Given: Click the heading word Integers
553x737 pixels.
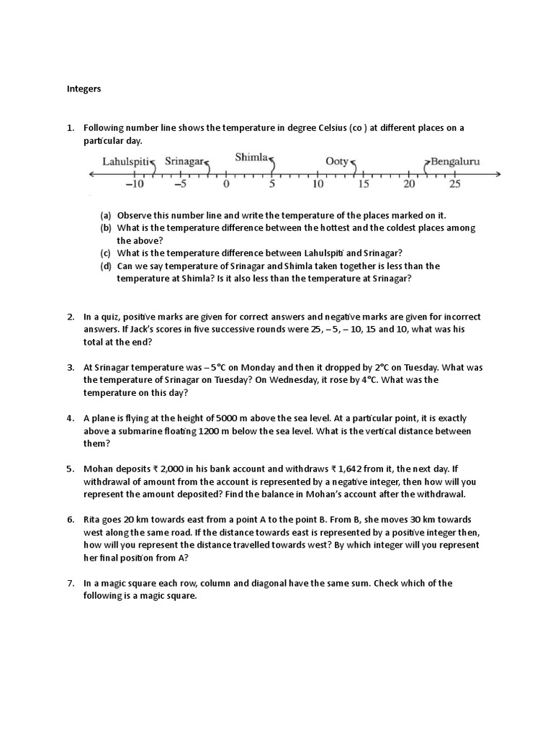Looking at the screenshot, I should [x=84, y=89].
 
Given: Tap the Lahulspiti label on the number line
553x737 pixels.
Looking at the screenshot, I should [x=125, y=162].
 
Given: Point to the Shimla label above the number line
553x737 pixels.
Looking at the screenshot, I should [x=251, y=156].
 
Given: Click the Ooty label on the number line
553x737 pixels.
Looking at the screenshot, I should [x=337, y=162].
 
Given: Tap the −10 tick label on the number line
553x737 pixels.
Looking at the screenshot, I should [x=135, y=184].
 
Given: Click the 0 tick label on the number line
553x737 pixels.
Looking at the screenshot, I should [x=226, y=184].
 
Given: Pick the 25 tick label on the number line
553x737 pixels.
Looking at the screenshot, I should [x=454, y=184].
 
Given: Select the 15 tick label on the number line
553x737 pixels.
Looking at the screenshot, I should [x=363, y=184].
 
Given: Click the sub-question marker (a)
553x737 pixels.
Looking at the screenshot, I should [x=106, y=215].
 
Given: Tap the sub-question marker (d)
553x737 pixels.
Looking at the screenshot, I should [x=106, y=266].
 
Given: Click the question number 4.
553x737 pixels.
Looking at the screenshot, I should [x=71, y=417].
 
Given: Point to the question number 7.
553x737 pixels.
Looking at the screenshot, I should [x=71, y=583].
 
